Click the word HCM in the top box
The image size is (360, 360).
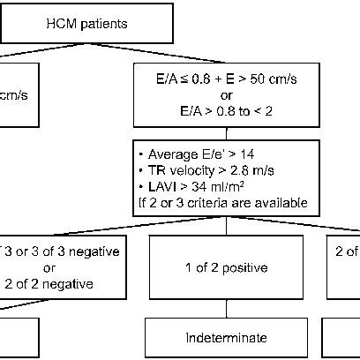pos(59,24)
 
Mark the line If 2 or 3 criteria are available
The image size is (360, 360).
pos(221,203)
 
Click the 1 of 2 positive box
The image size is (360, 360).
pos(227,267)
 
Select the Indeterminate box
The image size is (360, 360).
pos(227,338)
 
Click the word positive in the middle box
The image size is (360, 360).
pos(245,267)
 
